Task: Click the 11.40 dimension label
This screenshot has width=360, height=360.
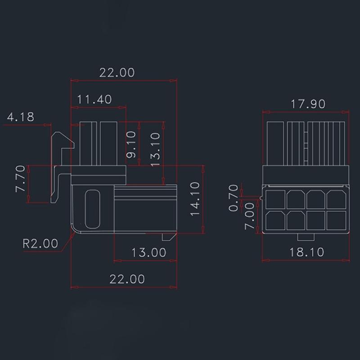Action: click(94, 99)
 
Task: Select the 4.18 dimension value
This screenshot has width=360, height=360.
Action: click(20, 117)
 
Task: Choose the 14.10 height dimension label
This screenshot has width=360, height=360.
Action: click(195, 199)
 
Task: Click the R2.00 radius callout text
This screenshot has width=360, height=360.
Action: click(40, 243)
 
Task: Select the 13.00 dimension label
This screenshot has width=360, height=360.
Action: click(148, 252)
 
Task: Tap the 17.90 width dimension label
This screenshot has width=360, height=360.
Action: click(307, 104)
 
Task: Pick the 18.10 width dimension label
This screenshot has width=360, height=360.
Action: click(306, 252)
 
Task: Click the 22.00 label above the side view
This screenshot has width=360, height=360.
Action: click(117, 72)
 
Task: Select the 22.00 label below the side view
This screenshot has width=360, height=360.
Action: click(127, 279)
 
